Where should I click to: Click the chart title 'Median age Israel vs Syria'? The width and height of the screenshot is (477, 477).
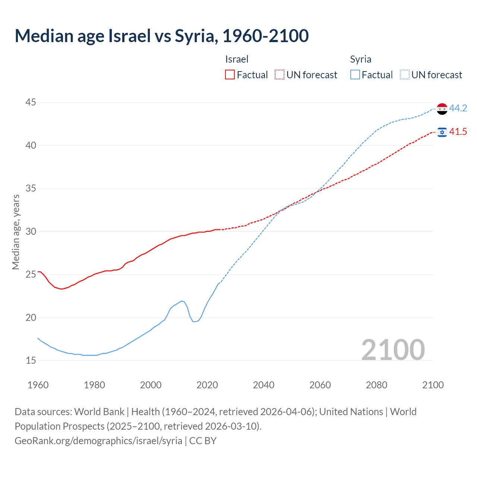point(161,36)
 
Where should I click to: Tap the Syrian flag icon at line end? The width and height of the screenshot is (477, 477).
point(442,109)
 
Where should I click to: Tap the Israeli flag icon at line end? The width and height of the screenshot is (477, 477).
point(442,132)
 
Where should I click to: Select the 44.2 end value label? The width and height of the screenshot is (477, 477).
point(458,108)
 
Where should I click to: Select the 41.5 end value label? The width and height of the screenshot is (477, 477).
point(458,132)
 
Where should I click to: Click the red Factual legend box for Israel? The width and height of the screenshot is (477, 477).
point(230,75)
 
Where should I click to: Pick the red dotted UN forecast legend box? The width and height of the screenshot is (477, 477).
point(279,75)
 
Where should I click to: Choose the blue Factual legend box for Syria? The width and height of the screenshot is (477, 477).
point(355,75)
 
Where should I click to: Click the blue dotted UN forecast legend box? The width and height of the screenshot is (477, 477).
point(404,75)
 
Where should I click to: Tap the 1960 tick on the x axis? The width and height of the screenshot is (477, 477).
point(38,385)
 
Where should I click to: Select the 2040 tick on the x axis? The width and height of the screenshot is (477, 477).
point(263,385)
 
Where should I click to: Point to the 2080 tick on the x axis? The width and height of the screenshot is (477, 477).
point(376,385)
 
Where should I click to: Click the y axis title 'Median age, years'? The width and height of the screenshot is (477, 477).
point(16,232)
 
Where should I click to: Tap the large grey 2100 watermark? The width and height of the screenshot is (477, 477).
point(393,350)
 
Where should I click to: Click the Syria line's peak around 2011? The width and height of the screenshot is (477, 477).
point(181,301)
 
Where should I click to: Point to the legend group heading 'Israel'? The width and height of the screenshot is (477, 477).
point(237,59)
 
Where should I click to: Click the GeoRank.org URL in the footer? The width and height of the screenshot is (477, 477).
point(98,440)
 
